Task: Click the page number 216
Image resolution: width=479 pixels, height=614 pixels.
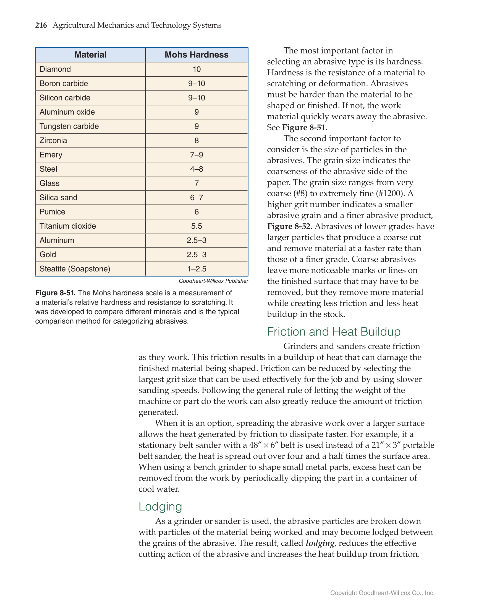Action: (x=41, y=25)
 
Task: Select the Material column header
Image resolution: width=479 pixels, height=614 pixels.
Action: (x=90, y=55)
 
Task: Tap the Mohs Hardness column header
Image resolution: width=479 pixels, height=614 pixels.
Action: (x=197, y=55)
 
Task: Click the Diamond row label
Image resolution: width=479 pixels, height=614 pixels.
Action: (x=55, y=69)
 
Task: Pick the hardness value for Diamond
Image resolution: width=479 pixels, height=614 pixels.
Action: (x=197, y=69)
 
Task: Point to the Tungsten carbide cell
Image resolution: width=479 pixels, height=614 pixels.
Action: (x=69, y=126)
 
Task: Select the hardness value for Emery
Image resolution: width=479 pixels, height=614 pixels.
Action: (x=197, y=155)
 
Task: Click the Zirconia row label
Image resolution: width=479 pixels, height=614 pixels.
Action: (x=53, y=141)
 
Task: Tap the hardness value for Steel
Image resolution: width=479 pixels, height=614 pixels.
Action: (x=197, y=169)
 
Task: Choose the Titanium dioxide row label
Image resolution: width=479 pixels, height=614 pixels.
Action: (x=68, y=226)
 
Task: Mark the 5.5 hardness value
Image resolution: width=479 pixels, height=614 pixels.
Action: (x=197, y=226)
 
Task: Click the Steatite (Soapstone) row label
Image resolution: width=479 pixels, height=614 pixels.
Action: (x=75, y=269)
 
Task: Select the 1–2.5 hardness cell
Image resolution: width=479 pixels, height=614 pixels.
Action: (x=197, y=269)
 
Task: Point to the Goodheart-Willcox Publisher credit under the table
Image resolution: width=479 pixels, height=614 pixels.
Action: (x=213, y=281)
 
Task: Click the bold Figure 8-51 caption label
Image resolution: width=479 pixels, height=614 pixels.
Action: (x=55, y=293)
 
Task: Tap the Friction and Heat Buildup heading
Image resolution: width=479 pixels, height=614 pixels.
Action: (x=334, y=332)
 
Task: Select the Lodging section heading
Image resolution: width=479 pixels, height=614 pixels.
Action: (x=160, y=507)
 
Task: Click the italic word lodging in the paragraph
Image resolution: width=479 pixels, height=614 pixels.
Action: (x=320, y=543)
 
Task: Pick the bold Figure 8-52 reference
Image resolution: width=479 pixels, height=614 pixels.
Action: (x=289, y=226)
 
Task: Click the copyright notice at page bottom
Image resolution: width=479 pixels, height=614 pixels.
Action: (x=382, y=593)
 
